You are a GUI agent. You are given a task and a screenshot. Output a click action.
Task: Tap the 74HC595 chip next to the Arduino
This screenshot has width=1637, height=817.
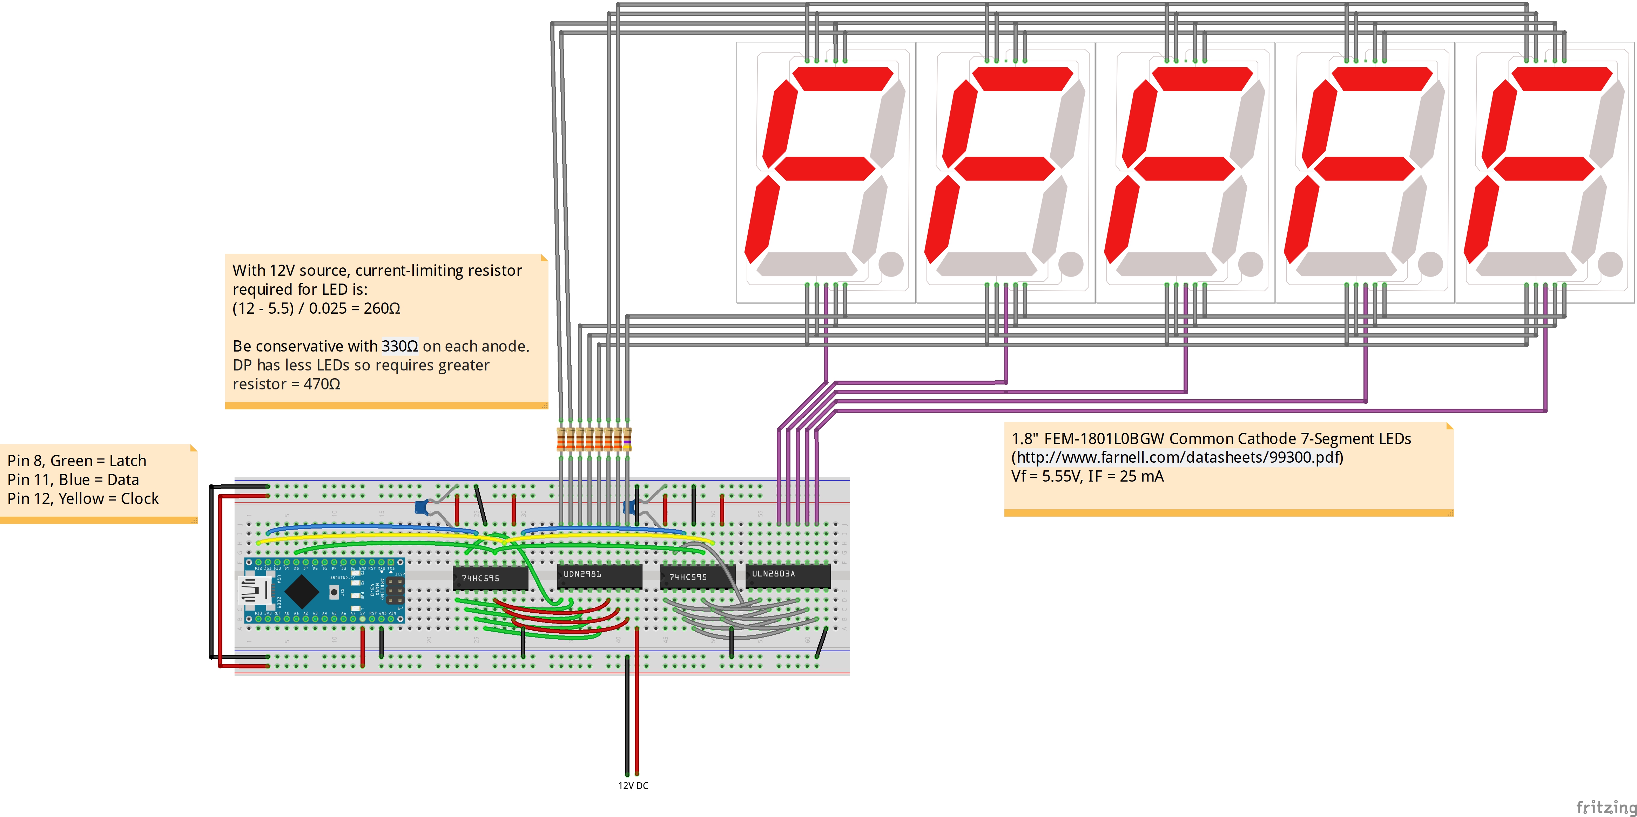[x=490, y=578]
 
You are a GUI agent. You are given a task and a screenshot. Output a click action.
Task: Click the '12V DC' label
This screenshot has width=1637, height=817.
[x=633, y=786]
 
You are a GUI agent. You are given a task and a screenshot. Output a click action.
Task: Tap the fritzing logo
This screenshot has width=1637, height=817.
[x=1606, y=807]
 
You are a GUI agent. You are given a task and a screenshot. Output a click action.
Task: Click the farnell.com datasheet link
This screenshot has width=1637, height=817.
[x=1178, y=457]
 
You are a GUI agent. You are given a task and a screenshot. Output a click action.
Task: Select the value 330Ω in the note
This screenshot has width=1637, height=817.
[x=400, y=346]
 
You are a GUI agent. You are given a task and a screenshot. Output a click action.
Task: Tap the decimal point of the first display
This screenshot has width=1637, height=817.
[x=891, y=264]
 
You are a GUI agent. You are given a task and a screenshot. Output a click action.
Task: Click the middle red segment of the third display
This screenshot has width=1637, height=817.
[x=1185, y=168]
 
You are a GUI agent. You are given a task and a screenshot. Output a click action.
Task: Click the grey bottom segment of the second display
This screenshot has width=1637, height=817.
[x=987, y=264]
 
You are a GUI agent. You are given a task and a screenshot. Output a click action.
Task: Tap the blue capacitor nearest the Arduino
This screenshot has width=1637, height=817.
[x=421, y=507]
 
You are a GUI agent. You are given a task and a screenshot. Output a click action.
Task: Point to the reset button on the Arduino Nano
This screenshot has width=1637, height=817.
[x=334, y=592]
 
